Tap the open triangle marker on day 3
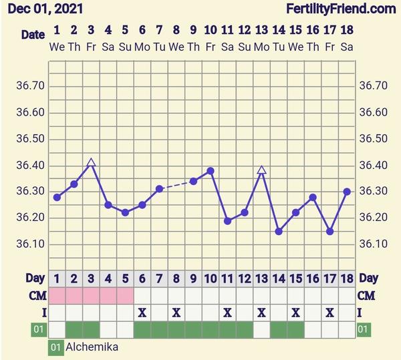tap(91, 162)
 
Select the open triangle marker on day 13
tap(262, 170)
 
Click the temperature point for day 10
tap(211, 171)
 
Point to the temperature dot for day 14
tap(279, 232)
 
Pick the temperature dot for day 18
tap(347, 192)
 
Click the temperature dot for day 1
tap(57, 197)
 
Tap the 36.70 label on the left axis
tap(29, 86)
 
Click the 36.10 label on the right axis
tap(372, 244)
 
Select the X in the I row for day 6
tap(142, 312)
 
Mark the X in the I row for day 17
tap(329, 312)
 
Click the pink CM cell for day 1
tap(57, 295)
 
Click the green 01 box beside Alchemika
tap(56, 347)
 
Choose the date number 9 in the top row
tap(193, 30)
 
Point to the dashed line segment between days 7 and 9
tap(176, 185)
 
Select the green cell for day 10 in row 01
tap(211, 329)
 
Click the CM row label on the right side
tap(366, 295)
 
